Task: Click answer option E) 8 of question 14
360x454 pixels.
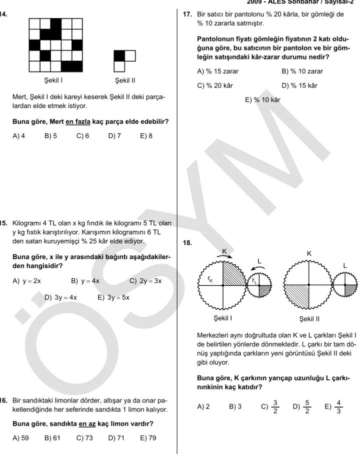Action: click(146, 136)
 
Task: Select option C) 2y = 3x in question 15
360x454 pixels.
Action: click(145, 281)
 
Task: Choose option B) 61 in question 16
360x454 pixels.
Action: click(52, 438)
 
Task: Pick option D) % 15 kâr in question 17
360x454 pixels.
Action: click(299, 86)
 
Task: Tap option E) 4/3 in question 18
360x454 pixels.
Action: click(333, 406)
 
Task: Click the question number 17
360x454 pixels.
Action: click(187, 14)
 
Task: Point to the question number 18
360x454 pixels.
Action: click(187, 243)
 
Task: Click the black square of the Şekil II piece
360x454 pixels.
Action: click(119, 56)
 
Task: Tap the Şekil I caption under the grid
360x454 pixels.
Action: click(53, 80)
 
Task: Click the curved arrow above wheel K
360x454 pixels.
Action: click(224, 256)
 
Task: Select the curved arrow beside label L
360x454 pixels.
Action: click(259, 268)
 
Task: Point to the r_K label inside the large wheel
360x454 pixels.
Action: click(210, 279)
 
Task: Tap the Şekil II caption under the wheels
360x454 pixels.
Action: click(309, 319)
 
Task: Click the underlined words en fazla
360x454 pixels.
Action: click(78, 121)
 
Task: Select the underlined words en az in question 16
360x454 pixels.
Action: click(87, 423)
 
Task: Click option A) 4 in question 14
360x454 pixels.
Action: click(19, 136)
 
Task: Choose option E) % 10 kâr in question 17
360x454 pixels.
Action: click(262, 100)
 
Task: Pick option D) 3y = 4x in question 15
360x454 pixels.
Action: click(60, 297)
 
